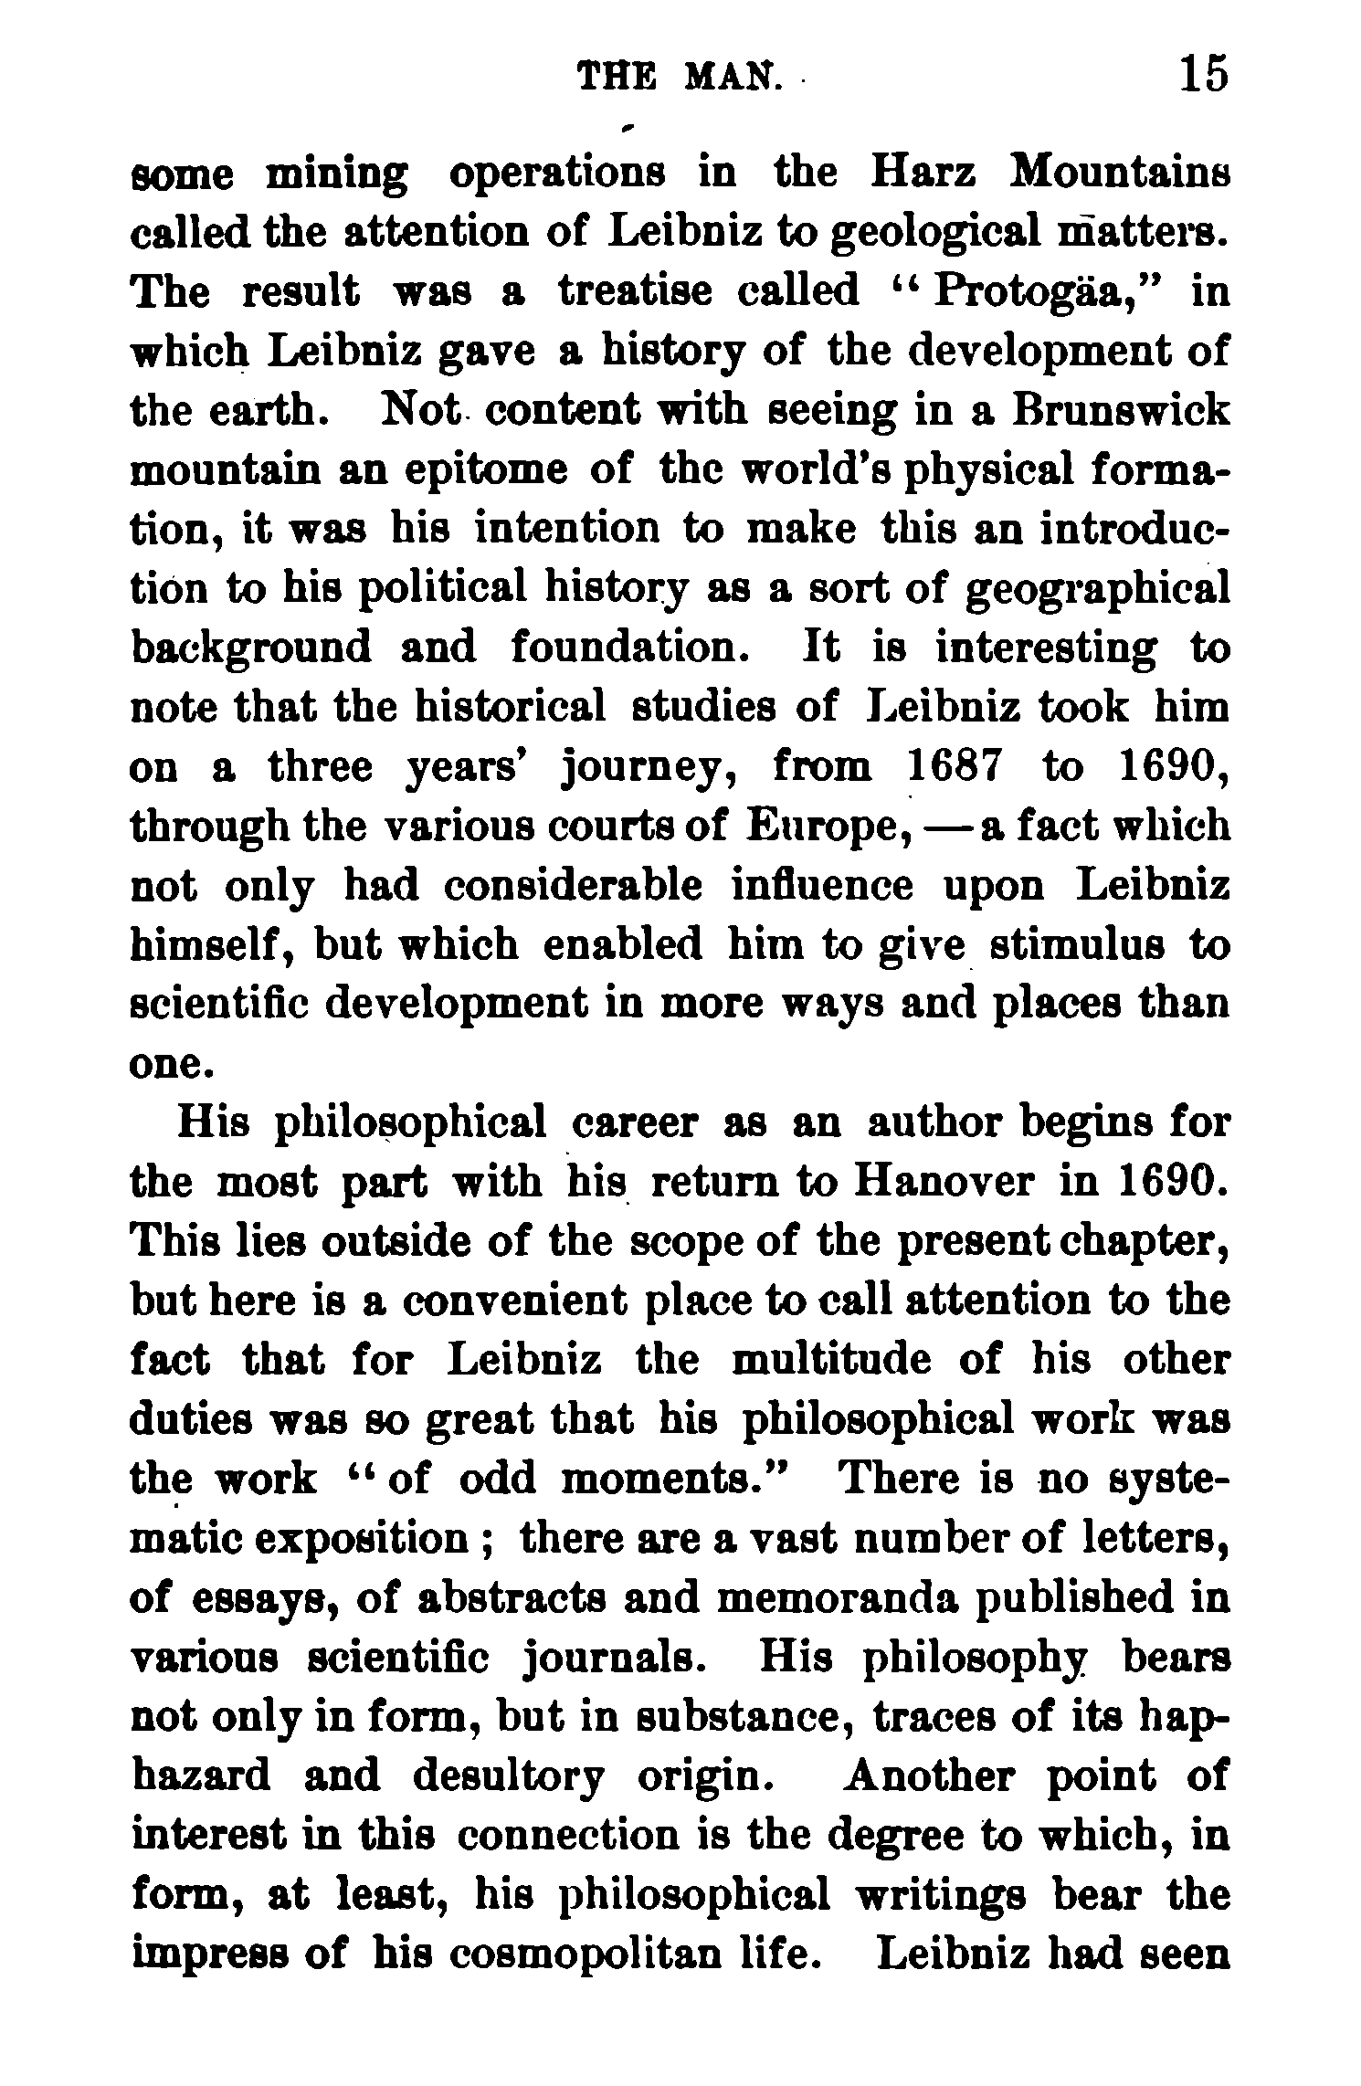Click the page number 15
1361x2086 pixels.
click(x=1204, y=75)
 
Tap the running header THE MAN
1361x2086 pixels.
click(x=680, y=78)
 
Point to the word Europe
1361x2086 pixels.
click(x=828, y=827)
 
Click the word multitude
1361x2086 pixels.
click(x=832, y=1361)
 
